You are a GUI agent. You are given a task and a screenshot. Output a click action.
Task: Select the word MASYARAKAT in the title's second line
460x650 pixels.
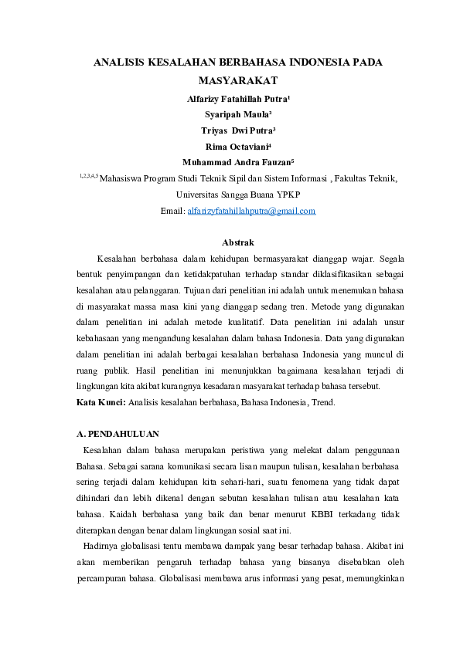pos(237,80)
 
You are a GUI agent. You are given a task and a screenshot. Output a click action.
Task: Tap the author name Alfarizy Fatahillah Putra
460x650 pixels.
pos(237,99)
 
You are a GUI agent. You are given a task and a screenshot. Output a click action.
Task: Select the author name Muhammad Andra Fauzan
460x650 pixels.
pos(237,163)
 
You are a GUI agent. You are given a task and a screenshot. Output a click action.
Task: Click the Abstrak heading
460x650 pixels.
pos(237,243)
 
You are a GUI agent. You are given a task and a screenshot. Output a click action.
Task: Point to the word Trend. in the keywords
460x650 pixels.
pos(322,403)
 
